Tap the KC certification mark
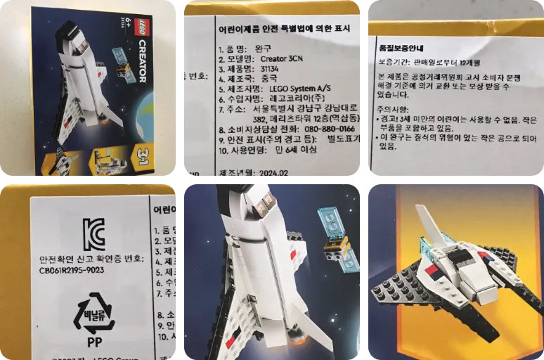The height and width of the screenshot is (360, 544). (x=93, y=233)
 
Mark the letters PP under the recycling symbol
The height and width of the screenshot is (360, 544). (x=94, y=345)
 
